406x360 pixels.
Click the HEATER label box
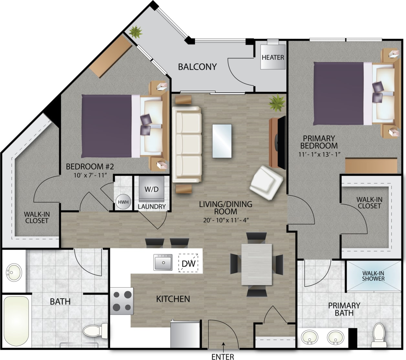point(273,57)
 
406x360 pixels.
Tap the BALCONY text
point(197,67)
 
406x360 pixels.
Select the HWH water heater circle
point(123,202)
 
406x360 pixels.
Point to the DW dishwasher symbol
point(188,264)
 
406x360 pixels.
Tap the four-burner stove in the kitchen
point(122,301)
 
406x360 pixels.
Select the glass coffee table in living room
point(222,141)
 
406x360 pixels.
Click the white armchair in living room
point(266,183)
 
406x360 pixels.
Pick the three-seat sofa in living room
point(187,144)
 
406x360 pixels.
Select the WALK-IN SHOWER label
point(373,276)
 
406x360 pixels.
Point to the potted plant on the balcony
point(135,32)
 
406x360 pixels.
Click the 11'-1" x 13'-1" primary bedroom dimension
point(319,154)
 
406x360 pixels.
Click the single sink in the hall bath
point(14,272)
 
